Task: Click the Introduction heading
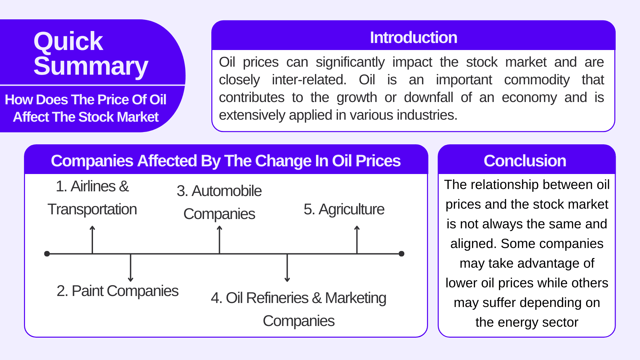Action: coord(413,37)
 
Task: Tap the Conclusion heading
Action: coord(525,161)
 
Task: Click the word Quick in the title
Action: coord(68,41)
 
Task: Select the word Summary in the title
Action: coord(91,66)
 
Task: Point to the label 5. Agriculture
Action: coord(344,210)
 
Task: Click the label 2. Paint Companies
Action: coord(117,291)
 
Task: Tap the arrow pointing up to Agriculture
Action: coord(357,240)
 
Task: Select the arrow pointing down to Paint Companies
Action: coord(131,268)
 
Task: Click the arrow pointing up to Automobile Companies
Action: coord(219,240)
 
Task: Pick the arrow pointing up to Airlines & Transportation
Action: coord(92,240)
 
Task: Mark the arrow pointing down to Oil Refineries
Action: coord(287,268)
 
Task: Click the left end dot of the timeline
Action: coord(47,254)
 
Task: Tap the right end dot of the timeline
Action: coord(402,254)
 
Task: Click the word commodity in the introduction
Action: coord(537,80)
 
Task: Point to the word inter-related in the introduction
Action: coord(309,80)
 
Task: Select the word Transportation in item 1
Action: coord(92,210)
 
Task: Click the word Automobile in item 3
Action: coord(227,191)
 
